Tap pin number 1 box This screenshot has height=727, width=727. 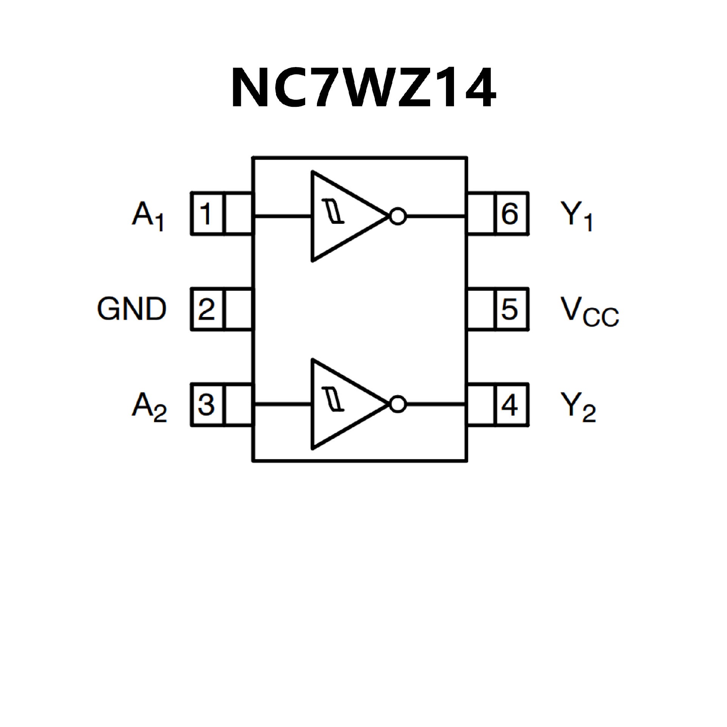click(x=207, y=214)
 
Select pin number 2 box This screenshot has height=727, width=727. click(x=207, y=309)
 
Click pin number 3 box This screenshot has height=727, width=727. click(x=207, y=405)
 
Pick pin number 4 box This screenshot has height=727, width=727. click(x=510, y=405)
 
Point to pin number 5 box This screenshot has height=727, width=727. click(x=510, y=309)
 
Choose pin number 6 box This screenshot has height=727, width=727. click(x=510, y=214)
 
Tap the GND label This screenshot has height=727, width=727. click(x=132, y=309)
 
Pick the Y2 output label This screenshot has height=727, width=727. click(x=578, y=407)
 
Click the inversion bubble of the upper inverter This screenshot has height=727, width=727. click(x=398, y=217)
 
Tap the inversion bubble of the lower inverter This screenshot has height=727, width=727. click(x=398, y=405)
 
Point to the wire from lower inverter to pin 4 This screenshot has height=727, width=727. click(x=435, y=405)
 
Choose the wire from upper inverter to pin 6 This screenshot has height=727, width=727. click(x=435, y=217)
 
